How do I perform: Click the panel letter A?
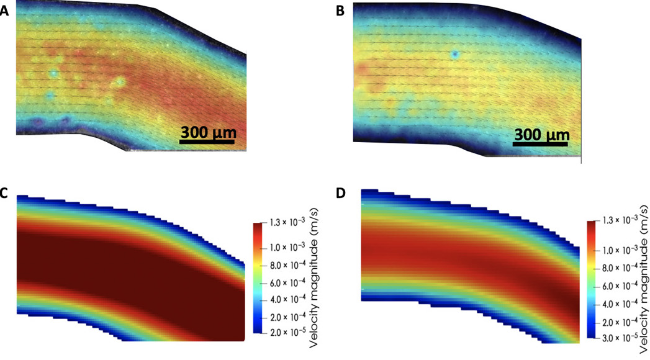click(4, 11)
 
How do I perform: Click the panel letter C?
click(4, 193)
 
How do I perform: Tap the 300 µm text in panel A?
click(206, 132)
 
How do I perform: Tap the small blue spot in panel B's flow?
click(455, 55)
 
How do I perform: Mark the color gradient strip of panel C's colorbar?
click(260, 277)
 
